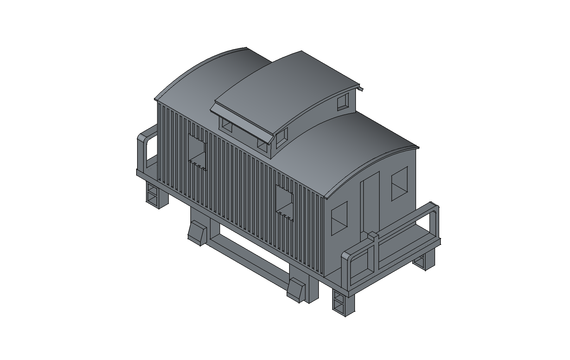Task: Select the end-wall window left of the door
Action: [x=339, y=218]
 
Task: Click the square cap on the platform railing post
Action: [x=373, y=235]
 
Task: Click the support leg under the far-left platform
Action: [x=157, y=196]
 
